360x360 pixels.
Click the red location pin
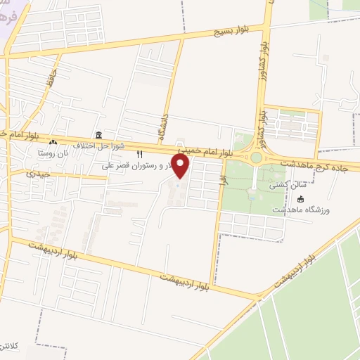[181, 167]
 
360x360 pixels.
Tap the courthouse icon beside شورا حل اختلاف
[98, 135]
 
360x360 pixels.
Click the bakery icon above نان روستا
[53, 143]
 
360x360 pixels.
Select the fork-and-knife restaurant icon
[139, 154]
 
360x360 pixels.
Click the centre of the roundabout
[256, 157]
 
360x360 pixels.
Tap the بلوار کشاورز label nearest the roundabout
[260, 120]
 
